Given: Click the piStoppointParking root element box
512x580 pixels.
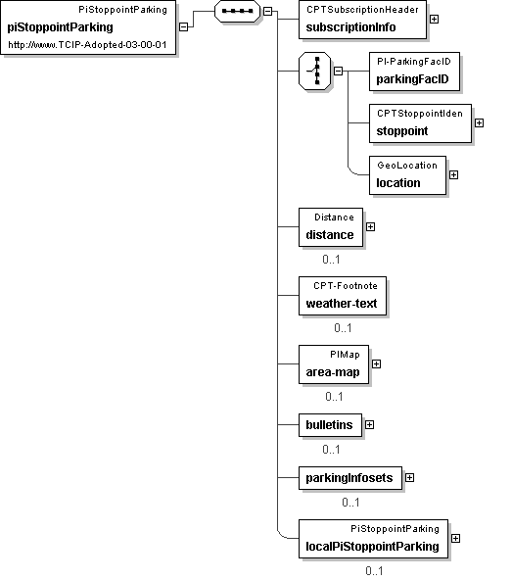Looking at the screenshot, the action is pyautogui.click(x=88, y=27).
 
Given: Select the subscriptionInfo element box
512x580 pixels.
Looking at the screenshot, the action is pyautogui.click(x=362, y=20).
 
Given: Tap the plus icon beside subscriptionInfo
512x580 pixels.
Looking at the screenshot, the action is pyautogui.click(x=435, y=19).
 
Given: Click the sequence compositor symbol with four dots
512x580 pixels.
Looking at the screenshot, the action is pyautogui.click(x=237, y=11).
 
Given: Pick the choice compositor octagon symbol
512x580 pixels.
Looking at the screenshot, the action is pyautogui.click(x=314, y=71).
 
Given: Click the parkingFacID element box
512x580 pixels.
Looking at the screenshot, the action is pyautogui.click(x=414, y=72).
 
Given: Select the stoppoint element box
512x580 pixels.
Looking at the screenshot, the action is pyautogui.click(x=420, y=123).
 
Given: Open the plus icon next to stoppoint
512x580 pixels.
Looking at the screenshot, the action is pyautogui.click(x=479, y=122).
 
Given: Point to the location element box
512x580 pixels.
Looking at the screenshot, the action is pyautogui.click(x=408, y=175).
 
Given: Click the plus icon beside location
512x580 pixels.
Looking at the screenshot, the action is pyautogui.click(x=453, y=174).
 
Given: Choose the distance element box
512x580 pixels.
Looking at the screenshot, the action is pyautogui.click(x=331, y=227).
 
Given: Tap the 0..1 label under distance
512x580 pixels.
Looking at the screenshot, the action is pyautogui.click(x=331, y=260).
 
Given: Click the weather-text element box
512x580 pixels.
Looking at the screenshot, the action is pyautogui.click(x=343, y=296).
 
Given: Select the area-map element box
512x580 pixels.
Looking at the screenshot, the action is pyautogui.click(x=334, y=364).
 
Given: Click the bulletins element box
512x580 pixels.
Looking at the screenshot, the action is pyautogui.click(x=331, y=425).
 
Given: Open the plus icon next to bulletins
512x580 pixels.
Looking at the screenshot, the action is pyautogui.click(x=369, y=424).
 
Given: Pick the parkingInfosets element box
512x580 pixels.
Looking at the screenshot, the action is pyautogui.click(x=350, y=478).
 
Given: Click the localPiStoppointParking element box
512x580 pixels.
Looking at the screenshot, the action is pyautogui.click(x=373, y=539).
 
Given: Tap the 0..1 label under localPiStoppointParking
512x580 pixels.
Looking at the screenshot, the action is pyautogui.click(x=374, y=571).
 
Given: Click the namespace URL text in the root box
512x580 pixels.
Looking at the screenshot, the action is pyautogui.click(x=87, y=45).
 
